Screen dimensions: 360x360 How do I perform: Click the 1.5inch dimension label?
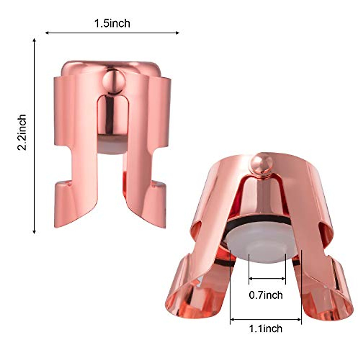point(112,23)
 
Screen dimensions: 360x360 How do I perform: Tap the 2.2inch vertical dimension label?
point(22,132)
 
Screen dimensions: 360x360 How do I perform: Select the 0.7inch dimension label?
point(266,295)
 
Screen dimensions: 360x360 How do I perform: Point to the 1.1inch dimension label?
point(266,328)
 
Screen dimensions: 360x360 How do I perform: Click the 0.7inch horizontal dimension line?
point(267,279)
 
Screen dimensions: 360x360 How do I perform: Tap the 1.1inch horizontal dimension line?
point(266,319)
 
